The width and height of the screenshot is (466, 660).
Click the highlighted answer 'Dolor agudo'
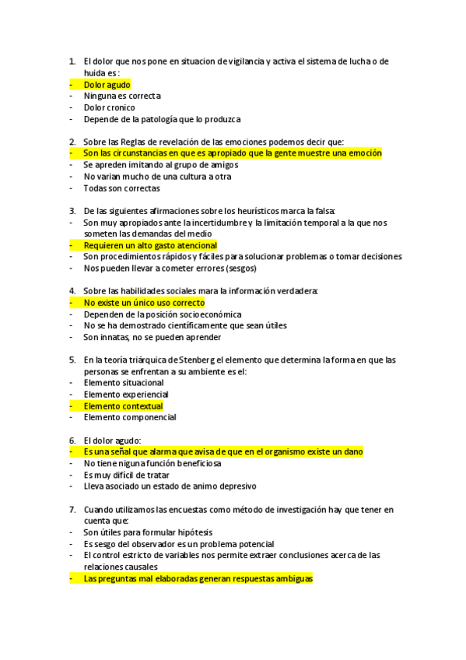(x=107, y=85)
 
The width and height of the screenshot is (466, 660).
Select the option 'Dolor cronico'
(x=109, y=107)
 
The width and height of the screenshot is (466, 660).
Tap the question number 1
(x=72, y=61)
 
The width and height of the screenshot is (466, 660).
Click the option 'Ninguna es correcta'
(x=121, y=96)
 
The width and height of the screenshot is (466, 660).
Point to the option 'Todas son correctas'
(x=121, y=188)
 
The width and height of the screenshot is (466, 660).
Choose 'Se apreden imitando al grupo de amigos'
(x=160, y=165)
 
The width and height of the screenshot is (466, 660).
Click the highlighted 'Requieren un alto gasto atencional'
(x=150, y=245)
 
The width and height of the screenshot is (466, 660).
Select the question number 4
(x=72, y=291)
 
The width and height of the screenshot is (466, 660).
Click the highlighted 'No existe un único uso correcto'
(x=144, y=303)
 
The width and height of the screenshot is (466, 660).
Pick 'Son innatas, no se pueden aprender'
(x=152, y=337)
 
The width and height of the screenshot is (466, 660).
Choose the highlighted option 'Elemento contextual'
(x=123, y=405)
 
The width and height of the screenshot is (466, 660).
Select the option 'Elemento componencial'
(x=129, y=417)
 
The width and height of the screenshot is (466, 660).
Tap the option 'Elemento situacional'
(x=124, y=383)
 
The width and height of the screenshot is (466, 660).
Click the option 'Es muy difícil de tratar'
(x=128, y=475)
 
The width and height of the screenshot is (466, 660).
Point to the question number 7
(x=72, y=509)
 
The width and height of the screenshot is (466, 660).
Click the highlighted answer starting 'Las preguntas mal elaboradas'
(x=198, y=579)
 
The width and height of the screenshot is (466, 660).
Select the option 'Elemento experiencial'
(x=125, y=395)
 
